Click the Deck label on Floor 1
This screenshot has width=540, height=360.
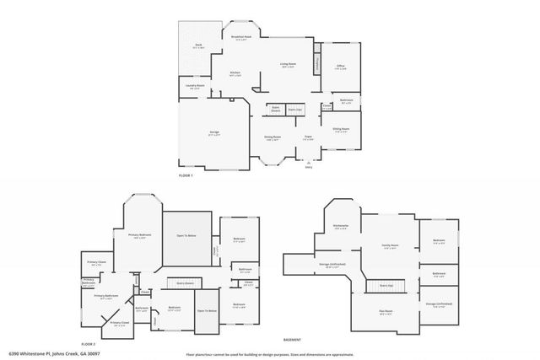click(198, 46)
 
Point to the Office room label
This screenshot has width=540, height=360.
click(340, 67)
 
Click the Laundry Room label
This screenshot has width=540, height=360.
click(195, 86)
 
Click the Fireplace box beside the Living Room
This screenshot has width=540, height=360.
click(318, 64)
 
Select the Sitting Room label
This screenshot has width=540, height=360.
click(341, 130)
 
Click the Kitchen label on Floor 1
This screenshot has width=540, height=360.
click(235, 74)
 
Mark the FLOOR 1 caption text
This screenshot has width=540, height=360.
click(186, 175)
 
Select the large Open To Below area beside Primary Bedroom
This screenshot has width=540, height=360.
click(185, 236)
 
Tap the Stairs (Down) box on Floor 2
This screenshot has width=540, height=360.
click(185, 282)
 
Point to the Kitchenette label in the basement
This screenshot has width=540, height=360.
click(341, 227)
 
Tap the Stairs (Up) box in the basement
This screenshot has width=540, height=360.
click(387, 286)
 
